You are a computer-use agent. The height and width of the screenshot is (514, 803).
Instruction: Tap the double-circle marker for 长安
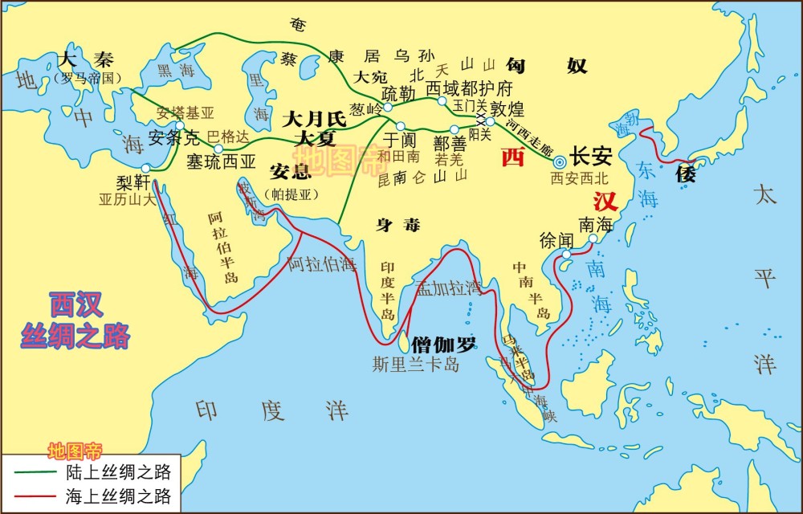coord(560,161)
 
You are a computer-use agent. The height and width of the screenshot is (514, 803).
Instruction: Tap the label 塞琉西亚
coord(221,161)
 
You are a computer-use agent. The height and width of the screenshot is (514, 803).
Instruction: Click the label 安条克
coord(169,137)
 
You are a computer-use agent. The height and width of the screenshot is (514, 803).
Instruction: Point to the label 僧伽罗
coord(443,345)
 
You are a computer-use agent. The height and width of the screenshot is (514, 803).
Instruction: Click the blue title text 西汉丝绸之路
coord(75,320)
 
